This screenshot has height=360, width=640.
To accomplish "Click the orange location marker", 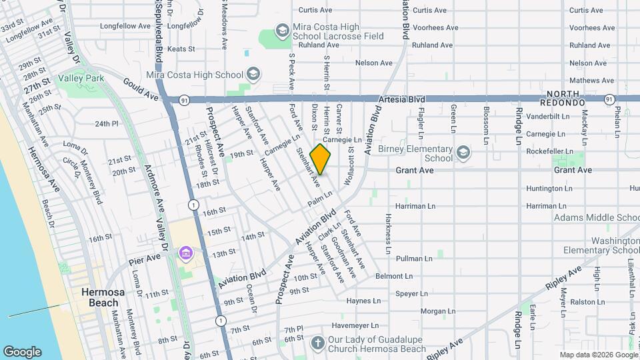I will pos(320,159).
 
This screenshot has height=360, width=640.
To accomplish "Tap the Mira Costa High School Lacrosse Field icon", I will pos(282,31).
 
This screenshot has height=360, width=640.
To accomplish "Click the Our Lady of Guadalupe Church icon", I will pos(319,343).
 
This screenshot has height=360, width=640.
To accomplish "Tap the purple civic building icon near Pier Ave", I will pos(185,253).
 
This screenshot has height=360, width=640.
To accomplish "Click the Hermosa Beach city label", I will pos(99,297).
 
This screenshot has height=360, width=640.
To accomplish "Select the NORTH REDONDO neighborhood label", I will pos(566,99).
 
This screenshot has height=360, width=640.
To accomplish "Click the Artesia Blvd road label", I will pos(401,99).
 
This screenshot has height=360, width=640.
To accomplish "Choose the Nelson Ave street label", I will pos(374,63).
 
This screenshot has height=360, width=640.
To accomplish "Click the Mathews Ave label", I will pos(587,80).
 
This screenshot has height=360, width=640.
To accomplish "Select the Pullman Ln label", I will pos(415,258).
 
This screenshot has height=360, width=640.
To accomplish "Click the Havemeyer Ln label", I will pos(355,326).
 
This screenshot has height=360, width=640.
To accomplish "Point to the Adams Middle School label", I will pos(596,217).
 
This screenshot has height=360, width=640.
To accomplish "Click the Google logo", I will pos(22,351).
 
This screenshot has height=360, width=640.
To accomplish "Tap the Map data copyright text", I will pos(597,355).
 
